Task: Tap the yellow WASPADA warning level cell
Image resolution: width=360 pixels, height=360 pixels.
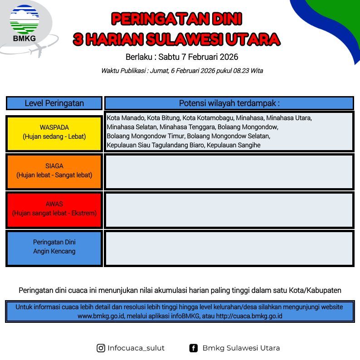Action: click(54, 134)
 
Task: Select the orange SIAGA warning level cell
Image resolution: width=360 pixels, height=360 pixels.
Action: click(54, 172)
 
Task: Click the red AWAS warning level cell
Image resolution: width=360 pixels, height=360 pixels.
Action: click(54, 210)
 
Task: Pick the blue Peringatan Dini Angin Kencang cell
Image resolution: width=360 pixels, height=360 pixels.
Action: click(54, 248)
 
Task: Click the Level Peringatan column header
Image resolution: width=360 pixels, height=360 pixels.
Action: click(54, 103)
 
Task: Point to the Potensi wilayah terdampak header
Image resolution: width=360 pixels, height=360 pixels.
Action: click(229, 103)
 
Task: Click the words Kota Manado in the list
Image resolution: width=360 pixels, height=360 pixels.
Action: click(126, 118)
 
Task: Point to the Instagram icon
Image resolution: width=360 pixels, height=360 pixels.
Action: click(101, 348)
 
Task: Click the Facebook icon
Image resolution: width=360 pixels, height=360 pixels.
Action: click(193, 348)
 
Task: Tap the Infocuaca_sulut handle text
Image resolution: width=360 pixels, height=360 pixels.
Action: click(136, 348)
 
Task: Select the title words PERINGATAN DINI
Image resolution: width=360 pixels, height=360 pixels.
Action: click(176, 19)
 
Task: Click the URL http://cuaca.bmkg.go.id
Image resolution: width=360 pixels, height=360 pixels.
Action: click(249, 316)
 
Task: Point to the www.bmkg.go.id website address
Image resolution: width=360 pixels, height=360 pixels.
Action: click(101, 316)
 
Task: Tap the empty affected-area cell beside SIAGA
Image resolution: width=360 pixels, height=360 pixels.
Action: click(229, 172)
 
